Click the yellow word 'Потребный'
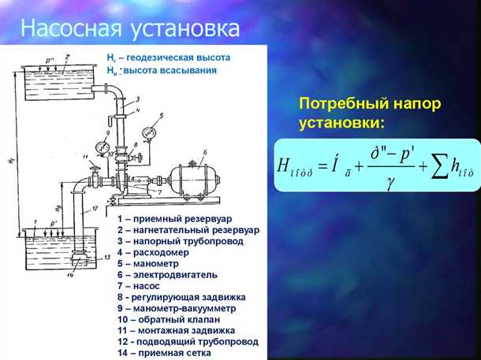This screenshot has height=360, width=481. (x=343, y=104)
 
